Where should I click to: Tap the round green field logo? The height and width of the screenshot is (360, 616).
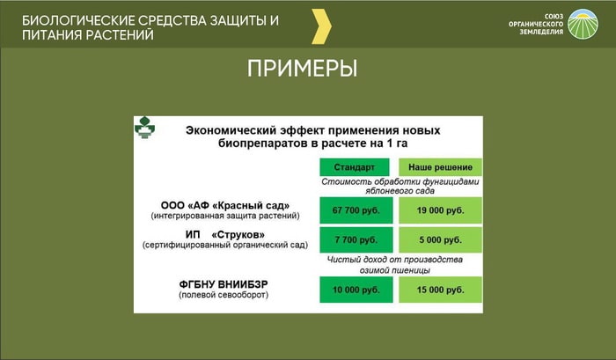[x=583, y=24]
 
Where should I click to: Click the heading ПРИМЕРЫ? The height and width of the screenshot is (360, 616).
[x=302, y=69]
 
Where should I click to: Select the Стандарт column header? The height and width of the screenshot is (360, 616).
[x=355, y=167]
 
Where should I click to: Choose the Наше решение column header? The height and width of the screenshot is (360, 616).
[x=440, y=167]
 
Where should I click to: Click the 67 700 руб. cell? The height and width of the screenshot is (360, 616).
[x=356, y=210]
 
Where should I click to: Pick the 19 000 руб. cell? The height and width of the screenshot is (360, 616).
[x=440, y=210]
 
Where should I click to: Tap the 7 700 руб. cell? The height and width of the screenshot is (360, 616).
[x=356, y=239]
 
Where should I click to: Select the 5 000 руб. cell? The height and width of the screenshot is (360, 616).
[x=440, y=239]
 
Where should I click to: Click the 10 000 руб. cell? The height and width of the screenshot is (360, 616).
[x=356, y=290]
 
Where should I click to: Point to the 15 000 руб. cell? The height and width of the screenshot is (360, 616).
[x=440, y=290]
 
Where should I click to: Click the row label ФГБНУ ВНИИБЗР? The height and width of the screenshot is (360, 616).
[x=224, y=284]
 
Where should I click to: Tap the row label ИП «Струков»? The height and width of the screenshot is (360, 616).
[x=225, y=235]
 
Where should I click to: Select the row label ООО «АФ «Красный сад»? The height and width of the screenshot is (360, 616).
[x=225, y=206]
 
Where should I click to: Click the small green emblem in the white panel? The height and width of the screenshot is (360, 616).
[x=144, y=128]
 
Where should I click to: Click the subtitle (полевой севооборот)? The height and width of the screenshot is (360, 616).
[x=224, y=295]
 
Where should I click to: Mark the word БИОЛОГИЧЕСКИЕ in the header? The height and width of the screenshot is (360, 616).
[x=77, y=20]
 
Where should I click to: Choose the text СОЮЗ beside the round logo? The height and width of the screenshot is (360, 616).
[x=554, y=16]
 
